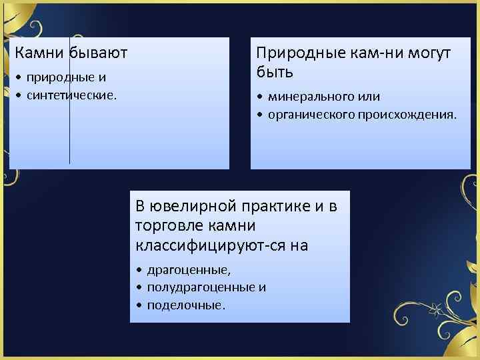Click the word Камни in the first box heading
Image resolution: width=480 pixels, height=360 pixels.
pos(37,52)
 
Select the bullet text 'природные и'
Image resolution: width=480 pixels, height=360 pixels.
pos(67,78)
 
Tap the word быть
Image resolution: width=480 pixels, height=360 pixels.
pos(275,70)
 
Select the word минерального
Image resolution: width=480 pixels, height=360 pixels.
pos(311,97)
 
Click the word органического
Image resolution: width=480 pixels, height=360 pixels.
pos(312,114)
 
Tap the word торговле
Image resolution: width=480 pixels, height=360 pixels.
pos(169,225)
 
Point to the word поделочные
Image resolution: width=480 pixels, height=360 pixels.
pos(186,305)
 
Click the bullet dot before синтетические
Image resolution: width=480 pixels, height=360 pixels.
pos(19,95)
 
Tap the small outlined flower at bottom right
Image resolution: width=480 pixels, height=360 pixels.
pos(436,309)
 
